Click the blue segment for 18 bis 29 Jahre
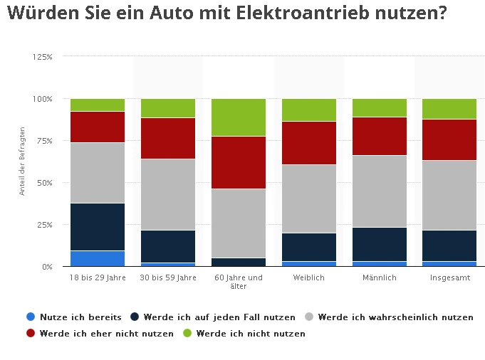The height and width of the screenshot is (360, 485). [98, 258]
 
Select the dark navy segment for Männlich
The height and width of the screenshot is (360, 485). [380, 244]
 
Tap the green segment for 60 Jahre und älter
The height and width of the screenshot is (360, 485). [239, 117]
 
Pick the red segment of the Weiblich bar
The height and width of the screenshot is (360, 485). [309, 143]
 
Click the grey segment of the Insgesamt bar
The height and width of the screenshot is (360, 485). [449, 195]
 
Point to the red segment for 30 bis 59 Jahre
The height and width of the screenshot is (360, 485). [168, 138]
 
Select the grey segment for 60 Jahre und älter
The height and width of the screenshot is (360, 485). [239, 223]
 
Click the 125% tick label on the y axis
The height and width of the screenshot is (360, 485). [43, 56]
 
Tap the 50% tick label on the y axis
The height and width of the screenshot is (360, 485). [45, 183]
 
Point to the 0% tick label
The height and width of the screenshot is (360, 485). [47, 267]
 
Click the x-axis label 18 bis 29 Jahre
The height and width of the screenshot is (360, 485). [98, 277]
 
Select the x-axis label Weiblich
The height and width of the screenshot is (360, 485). [309, 277]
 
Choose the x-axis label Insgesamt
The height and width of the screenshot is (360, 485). [449, 277]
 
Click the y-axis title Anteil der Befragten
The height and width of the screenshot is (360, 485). [23, 161]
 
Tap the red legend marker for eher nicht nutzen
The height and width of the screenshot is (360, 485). [31, 333]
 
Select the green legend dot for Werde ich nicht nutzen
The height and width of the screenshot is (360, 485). [187, 333]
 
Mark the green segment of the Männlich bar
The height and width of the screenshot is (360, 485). [380, 107]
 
